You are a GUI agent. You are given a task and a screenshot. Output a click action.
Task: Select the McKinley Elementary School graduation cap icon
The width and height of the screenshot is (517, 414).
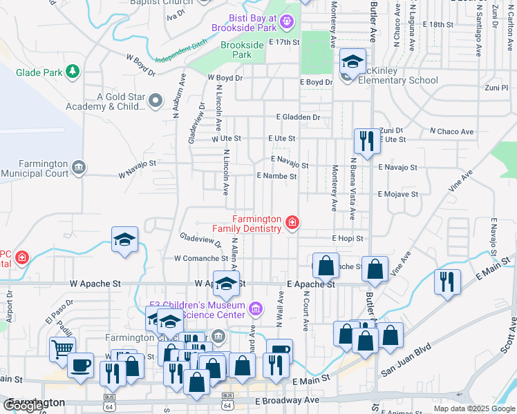point(352,62)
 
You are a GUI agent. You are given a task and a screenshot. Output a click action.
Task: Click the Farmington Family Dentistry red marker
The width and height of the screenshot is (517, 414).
point(292,222)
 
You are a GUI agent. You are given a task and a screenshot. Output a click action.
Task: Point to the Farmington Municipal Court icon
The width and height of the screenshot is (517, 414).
point(79,168)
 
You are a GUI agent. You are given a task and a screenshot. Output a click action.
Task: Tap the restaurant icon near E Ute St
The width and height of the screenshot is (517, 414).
point(364,141)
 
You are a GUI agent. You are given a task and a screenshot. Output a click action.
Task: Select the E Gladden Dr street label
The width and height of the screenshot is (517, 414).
point(298,118)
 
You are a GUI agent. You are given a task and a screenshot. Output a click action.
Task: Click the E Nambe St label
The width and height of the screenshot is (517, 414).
point(276,176)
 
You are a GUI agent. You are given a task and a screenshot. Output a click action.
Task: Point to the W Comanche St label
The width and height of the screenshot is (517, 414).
point(200,258)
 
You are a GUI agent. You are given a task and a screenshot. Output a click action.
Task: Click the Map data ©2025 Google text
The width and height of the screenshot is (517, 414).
point(474,408)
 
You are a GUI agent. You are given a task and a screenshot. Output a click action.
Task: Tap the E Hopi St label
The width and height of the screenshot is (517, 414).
point(347,238)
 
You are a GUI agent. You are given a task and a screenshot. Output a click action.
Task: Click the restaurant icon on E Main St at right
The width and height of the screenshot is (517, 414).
point(446,282)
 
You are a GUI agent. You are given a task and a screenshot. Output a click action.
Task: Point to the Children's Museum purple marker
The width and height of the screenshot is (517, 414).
point(256,307)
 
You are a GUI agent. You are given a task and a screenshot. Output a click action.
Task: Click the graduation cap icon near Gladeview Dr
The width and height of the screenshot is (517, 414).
point(124,239)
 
